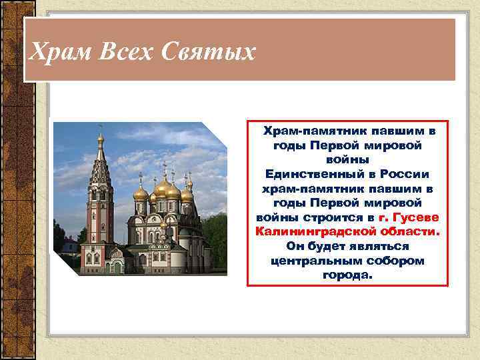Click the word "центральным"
pos(312,260)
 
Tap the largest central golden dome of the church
pos(163,187)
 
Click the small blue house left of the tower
pos(69,247)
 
